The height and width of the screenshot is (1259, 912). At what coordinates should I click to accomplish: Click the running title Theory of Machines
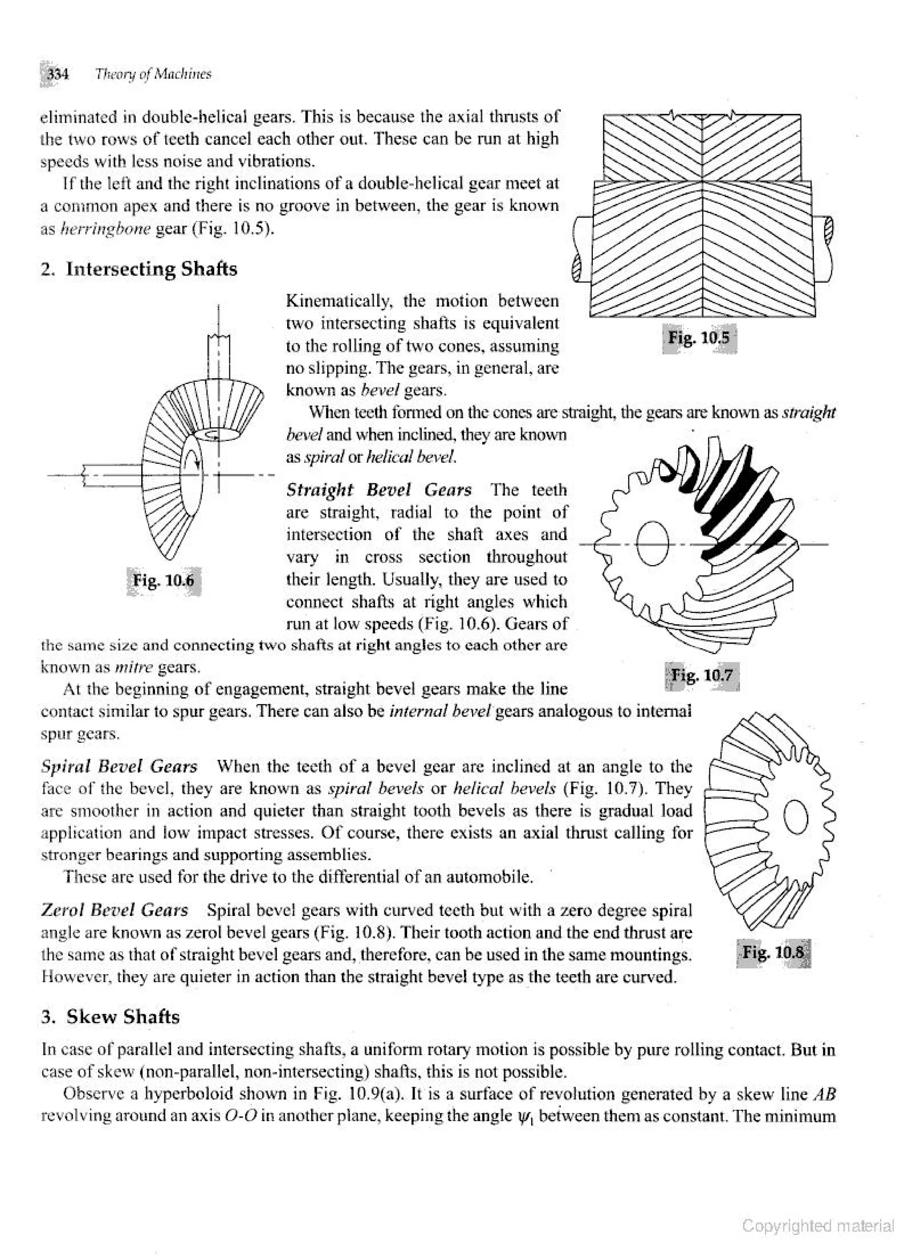tap(153, 74)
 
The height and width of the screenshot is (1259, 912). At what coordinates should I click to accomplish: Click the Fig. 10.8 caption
tap(773, 952)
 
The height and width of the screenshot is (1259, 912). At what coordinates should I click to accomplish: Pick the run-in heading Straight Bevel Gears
tap(379, 490)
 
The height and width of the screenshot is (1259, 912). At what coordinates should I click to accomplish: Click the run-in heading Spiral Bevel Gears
tap(119, 767)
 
